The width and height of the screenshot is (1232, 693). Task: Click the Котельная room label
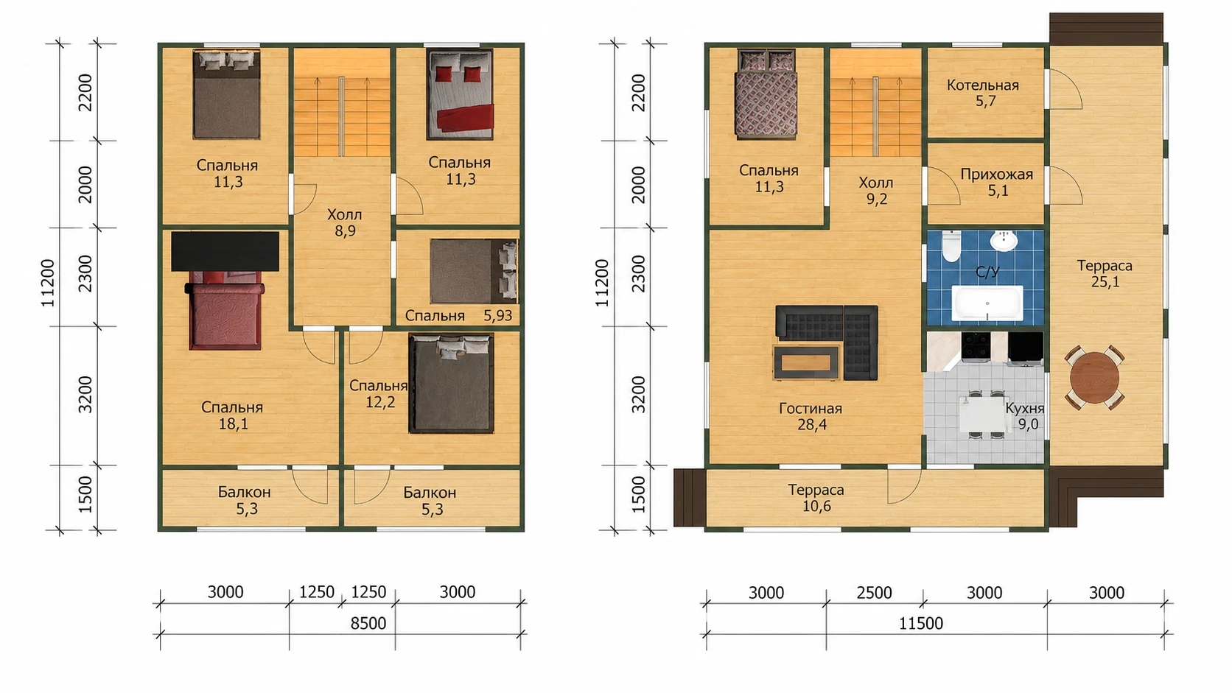(982, 85)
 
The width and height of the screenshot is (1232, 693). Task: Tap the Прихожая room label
(997, 175)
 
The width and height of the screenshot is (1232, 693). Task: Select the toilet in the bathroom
(951, 246)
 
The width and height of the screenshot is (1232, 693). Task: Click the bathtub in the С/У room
(987, 303)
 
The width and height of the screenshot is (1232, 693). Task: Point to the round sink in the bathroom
(1004, 240)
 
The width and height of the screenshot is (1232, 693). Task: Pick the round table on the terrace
(1094, 378)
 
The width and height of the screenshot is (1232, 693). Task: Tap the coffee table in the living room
(806, 362)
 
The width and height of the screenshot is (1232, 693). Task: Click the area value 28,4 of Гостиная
(812, 424)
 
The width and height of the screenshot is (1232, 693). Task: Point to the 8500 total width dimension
(368, 623)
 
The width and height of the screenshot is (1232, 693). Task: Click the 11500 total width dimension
(921, 623)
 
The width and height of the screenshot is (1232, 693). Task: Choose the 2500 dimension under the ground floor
(874, 592)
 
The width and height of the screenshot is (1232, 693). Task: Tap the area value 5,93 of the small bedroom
(498, 315)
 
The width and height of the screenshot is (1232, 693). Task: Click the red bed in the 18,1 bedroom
(225, 310)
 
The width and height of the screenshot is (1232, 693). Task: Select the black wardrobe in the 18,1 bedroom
(225, 250)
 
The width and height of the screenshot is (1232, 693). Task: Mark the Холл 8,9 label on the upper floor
(345, 222)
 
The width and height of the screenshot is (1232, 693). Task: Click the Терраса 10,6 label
(816, 497)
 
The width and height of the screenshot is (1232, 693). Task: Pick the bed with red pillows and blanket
(460, 94)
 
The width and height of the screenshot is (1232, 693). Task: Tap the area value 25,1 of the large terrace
(1105, 282)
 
